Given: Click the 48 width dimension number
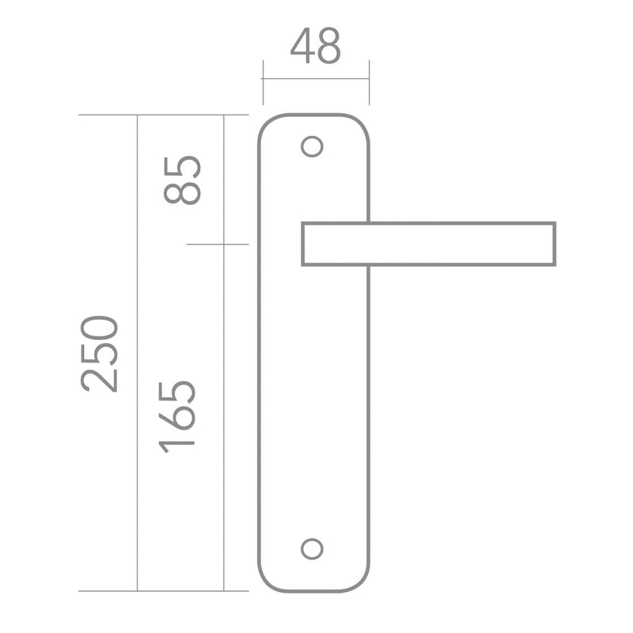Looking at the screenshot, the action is pos(316,46).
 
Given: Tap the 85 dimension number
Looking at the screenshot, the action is pos(182,180).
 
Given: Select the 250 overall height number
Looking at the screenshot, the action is pos(100,354).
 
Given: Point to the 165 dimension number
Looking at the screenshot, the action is pos(177,417).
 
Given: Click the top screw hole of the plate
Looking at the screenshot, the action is pos(312,146).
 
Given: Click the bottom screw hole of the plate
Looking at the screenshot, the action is pos(312,548).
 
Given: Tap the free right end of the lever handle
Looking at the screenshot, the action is pos(555,244).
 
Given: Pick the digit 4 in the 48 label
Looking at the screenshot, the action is pos(302,46).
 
